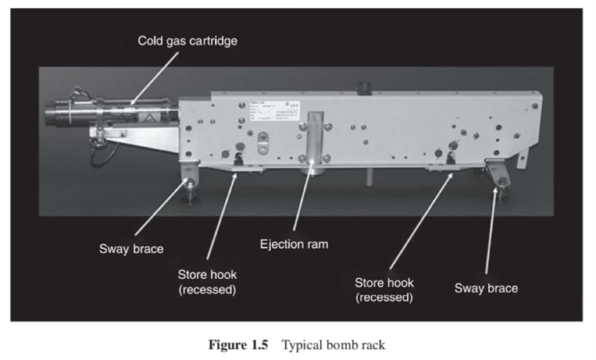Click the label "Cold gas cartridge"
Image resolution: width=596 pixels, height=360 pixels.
click(x=187, y=41)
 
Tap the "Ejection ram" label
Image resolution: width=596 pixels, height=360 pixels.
click(x=293, y=244)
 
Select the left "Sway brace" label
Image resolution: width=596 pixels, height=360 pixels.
click(x=131, y=249)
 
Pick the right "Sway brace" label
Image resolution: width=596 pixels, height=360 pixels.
click(x=486, y=288)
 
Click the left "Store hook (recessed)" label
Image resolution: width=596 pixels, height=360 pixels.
click(x=207, y=281)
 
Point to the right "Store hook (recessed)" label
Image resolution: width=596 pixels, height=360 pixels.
click(x=384, y=290)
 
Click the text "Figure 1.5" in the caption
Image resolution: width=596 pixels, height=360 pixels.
click(x=238, y=345)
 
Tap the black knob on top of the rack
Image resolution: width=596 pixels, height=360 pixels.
click(x=364, y=88)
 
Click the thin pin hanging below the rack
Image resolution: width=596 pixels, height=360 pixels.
click(x=368, y=177)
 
